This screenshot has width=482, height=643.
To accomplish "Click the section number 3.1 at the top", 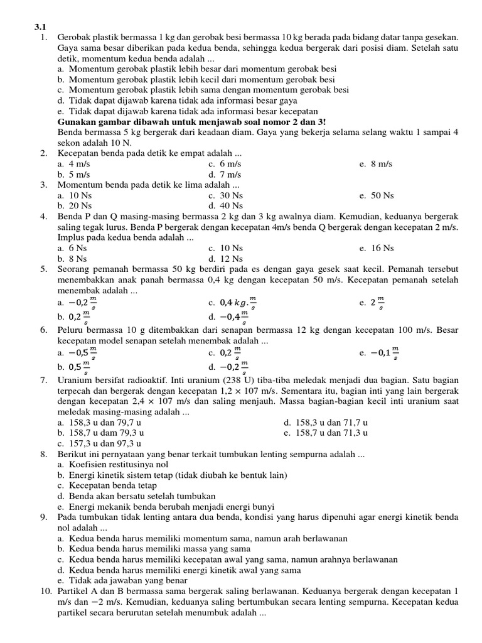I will tap(39, 28).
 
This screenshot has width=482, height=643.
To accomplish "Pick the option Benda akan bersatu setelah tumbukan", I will tap(136, 496).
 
